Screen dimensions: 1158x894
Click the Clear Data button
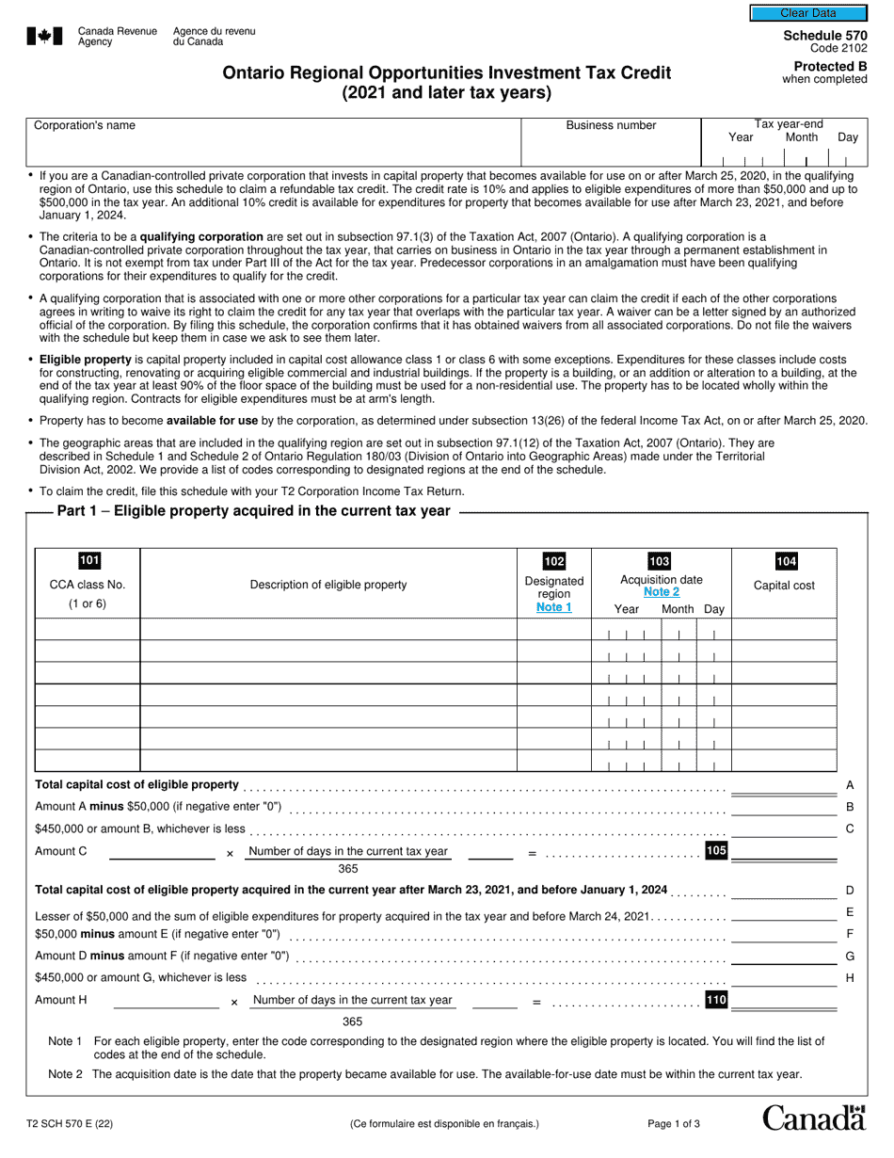(x=807, y=13)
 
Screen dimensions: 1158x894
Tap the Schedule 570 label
(x=825, y=36)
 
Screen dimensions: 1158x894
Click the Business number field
(x=611, y=150)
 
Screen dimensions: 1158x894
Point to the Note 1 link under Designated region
(x=553, y=607)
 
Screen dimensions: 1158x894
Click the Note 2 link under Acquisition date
(x=661, y=592)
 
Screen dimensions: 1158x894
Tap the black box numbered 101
(x=88, y=561)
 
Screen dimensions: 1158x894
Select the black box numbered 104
(x=785, y=562)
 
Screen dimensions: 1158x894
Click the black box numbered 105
(x=716, y=851)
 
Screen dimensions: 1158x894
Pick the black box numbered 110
(x=716, y=999)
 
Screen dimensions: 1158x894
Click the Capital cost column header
(x=784, y=586)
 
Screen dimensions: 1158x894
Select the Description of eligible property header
(x=328, y=585)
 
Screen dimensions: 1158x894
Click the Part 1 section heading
(x=253, y=511)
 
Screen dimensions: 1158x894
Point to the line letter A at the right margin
(x=850, y=785)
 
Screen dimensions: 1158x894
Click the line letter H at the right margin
(x=850, y=978)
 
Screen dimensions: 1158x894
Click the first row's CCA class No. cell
(x=88, y=630)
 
